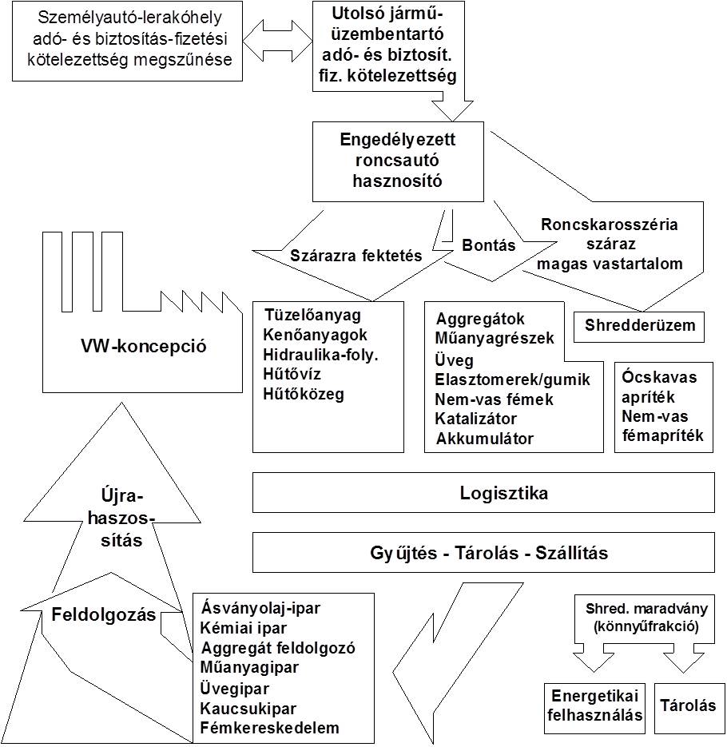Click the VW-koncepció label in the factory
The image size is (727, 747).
143,346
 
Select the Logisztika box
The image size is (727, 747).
483,493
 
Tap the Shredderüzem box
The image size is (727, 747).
639,327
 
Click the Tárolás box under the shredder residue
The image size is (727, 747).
689,708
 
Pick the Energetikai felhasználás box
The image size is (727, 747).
594,708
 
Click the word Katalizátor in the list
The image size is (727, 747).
475,419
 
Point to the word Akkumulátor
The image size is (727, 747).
484,439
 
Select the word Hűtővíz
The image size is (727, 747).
292,374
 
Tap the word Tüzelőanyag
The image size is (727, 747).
312,315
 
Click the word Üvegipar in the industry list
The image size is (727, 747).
234,689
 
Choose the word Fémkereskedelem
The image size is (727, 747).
270,728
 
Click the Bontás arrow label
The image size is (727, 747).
489,245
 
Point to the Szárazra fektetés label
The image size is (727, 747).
356,256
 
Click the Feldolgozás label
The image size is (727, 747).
103,614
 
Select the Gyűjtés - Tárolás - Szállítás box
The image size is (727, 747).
483,552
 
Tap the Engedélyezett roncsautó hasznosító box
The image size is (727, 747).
398,161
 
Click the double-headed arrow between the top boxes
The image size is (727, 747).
277,41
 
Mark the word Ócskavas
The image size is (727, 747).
659,377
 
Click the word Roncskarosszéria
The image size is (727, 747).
609,224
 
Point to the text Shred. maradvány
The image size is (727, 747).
646,608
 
